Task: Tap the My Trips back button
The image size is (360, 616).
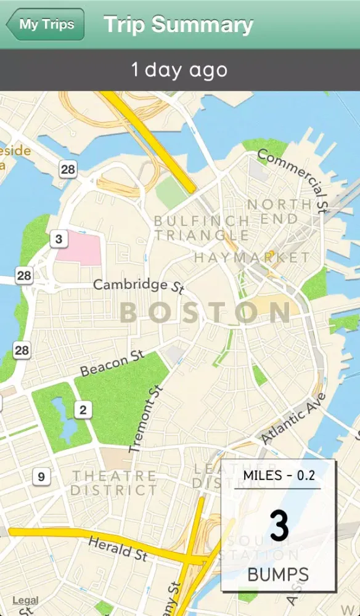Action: pos(45,25)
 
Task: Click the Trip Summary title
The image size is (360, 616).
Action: pos(178,25)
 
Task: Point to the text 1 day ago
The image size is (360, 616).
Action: pos(179,70)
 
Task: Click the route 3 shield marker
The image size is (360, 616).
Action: pos(59,239)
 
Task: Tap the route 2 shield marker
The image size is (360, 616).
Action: pos(83,409)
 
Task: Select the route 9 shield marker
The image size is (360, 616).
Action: pos(41,476)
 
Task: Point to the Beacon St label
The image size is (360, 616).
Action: pos(112,363)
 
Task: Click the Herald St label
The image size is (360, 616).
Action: pos(117,548)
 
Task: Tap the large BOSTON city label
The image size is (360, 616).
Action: pos(205,313)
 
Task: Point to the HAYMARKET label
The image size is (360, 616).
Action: pos(252,257)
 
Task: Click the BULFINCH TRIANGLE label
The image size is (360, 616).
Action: pos(202,228)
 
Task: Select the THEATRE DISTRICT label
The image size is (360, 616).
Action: pos(114,483)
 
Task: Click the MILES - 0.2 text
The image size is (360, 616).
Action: pos(279,476)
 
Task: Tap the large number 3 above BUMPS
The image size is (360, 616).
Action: pos(279,527)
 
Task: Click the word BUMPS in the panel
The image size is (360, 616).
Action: pos(278,575)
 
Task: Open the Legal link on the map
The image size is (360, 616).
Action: pos(25,601)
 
